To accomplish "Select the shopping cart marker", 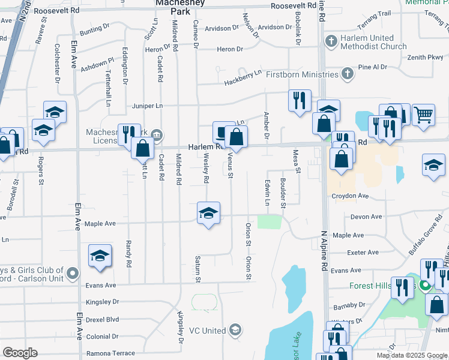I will (424, 114).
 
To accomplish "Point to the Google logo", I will (20, 353).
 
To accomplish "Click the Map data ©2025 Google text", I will (412, 355).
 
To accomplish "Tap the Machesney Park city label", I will (172, 7).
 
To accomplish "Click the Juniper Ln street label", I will (147, 106).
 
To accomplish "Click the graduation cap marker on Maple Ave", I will (208, 214).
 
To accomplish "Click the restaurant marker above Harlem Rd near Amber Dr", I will (299, 100).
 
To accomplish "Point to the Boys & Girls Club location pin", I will (73, 274).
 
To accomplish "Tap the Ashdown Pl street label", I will (97, 65).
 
